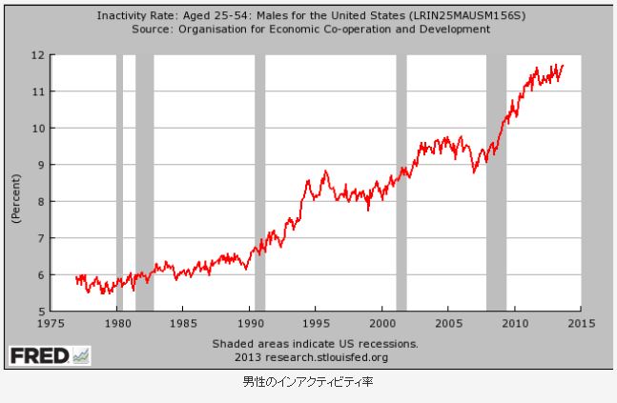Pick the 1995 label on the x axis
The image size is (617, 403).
tap(317, 323)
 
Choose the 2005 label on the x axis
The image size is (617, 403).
tap(449, 323)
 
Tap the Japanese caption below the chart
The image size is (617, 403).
tap(308, 383)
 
